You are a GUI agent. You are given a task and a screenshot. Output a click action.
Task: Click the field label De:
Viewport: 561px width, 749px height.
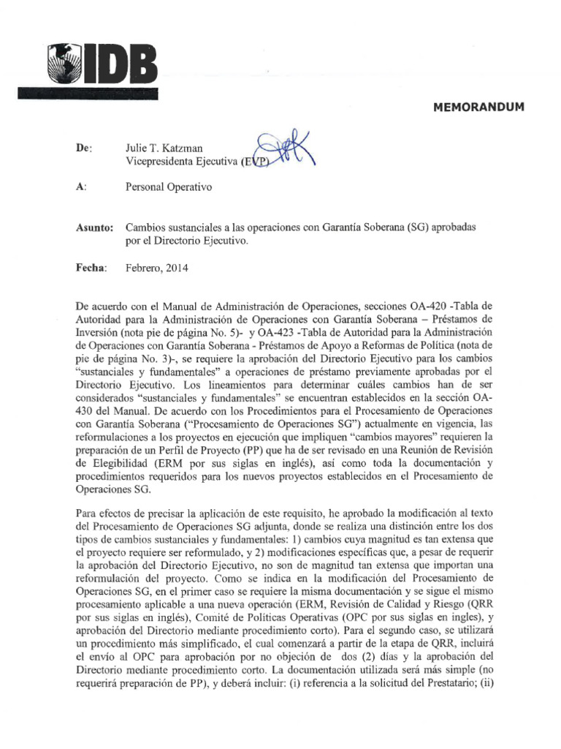pyautogui.click(x=85, y=148)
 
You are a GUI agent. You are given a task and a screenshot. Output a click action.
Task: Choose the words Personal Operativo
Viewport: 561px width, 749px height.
pyautogui.click(x=169, y=188)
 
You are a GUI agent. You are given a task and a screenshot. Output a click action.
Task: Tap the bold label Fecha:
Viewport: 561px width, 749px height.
pyautogui.click(x=91, y=268)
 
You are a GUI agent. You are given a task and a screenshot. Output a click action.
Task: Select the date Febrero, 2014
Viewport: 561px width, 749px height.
pyautogui.click(x=157, y=268)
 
